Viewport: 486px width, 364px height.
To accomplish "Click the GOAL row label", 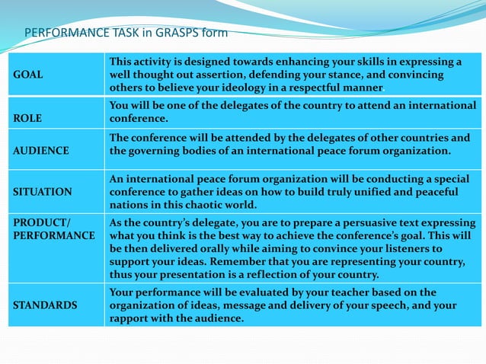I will (27, 75).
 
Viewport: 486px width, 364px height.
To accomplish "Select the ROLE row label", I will (27, 119).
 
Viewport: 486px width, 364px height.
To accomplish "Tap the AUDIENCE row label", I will (37, 151).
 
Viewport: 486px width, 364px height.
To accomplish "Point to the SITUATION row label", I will (40, 192).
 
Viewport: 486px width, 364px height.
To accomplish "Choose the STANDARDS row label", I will (43, 305).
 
